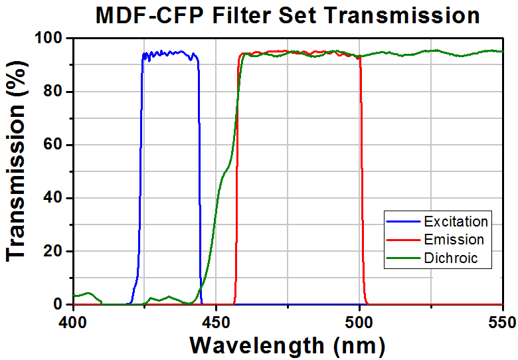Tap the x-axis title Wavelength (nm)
pyautogui.click(x=287, y=345)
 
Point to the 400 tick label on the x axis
pyautogui.click(x=73, y=322)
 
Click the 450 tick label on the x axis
pyautogui.click(x=216, y=322)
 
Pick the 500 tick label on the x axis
pyautogui.click(x=359, y=322)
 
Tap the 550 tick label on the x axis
pyautogui.click(x=502, y=322)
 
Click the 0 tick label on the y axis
pyautogui.click(x=58, y=305)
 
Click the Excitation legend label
pyautogui.click(x=456, y=221)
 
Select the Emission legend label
pyautogui.click(x=454, y=240)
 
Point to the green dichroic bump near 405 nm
pyautogui.click(x=87, y=294)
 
